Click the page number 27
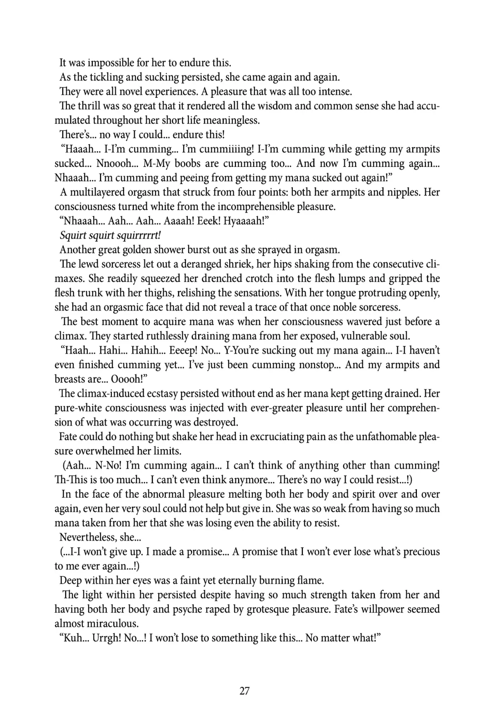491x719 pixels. pos(244,691)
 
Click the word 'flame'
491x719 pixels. pos(311,580)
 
